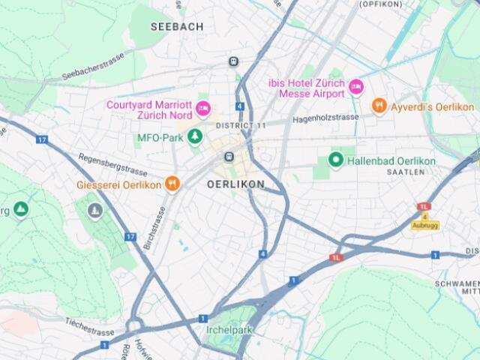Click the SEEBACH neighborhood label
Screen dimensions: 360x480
coord(176,26)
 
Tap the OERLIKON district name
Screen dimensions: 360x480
coord(235,184)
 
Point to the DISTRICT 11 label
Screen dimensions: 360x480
coord(241,125)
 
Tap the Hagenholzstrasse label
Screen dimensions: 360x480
coord(327,118)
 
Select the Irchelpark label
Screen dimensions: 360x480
coord(229,330)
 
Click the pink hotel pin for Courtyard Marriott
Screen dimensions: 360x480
coord(202,110)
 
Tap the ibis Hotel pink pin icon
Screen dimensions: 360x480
coord(356,88)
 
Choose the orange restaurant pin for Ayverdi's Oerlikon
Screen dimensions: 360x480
coord(379,106)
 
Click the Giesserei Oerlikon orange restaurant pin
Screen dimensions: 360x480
coord(172,184)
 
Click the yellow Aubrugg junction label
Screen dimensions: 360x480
coord(425,225)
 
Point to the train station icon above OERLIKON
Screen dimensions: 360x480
coord(229,157)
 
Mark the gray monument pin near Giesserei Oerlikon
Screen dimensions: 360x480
coord(94,210)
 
